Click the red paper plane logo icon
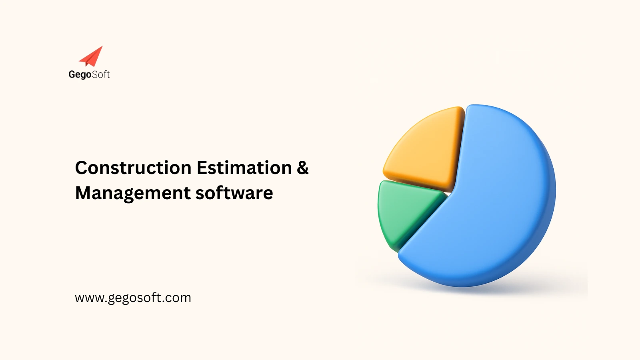(x=92, y=57)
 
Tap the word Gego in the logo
(x=80, y=75)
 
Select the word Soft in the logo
(x=101, y=74)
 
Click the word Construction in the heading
(x=133, y=168)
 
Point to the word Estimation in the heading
(x=244, y=168)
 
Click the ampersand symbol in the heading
(x=302, y=168)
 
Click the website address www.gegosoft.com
(x=133, y=298)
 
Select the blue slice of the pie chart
(x=492, y=200)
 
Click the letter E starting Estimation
(x=201, y=168)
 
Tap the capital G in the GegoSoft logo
(x=72, y=74)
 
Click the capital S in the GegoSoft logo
(x=95, y=74)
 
